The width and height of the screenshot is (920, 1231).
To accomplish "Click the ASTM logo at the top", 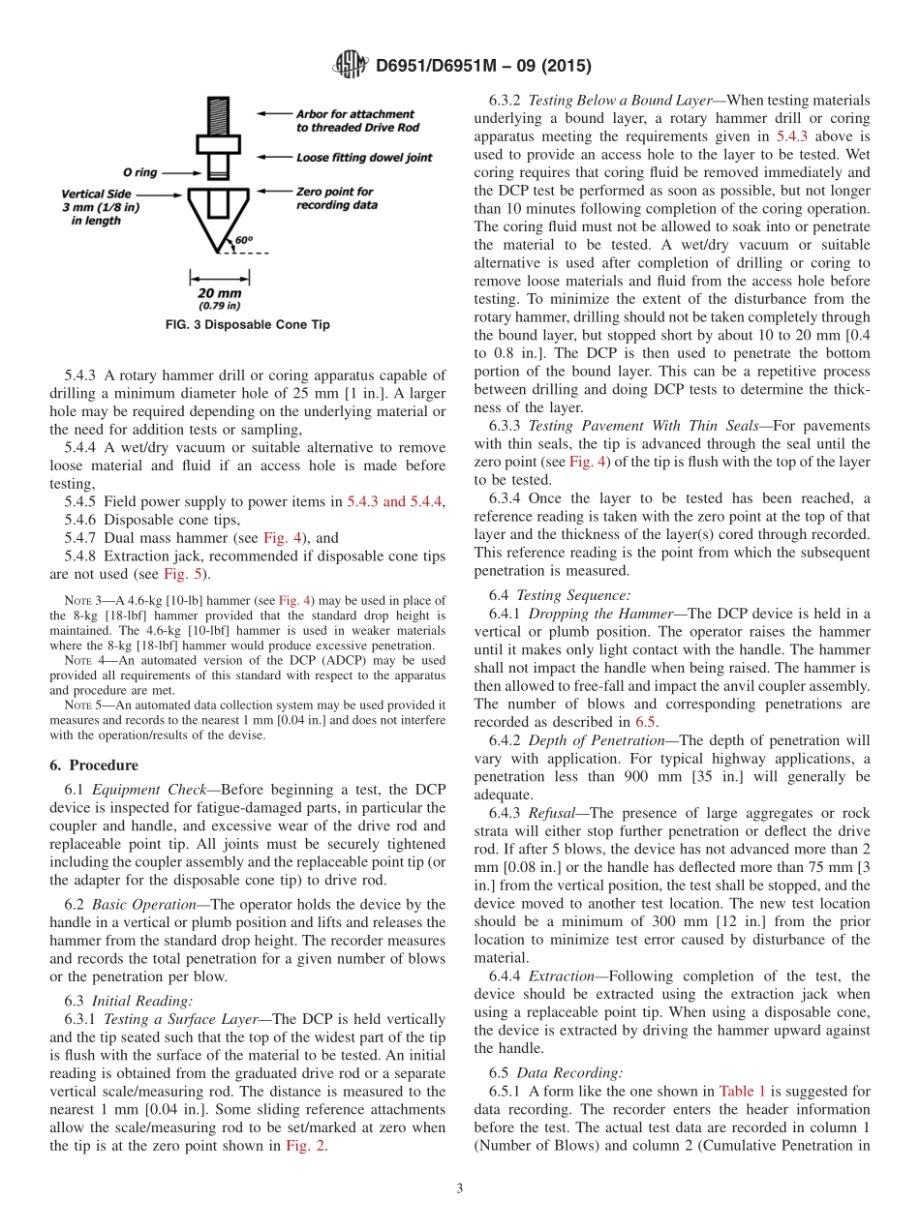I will click(x=350, y=66).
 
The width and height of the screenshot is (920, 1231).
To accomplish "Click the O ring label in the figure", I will click(x=140, y=172).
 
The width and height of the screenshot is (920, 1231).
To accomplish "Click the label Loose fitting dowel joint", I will click(x=364, y=157).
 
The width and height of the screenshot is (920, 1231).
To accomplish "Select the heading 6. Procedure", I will click(x=94, y=765).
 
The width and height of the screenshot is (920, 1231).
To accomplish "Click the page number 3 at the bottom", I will click(x=459, y=1189).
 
